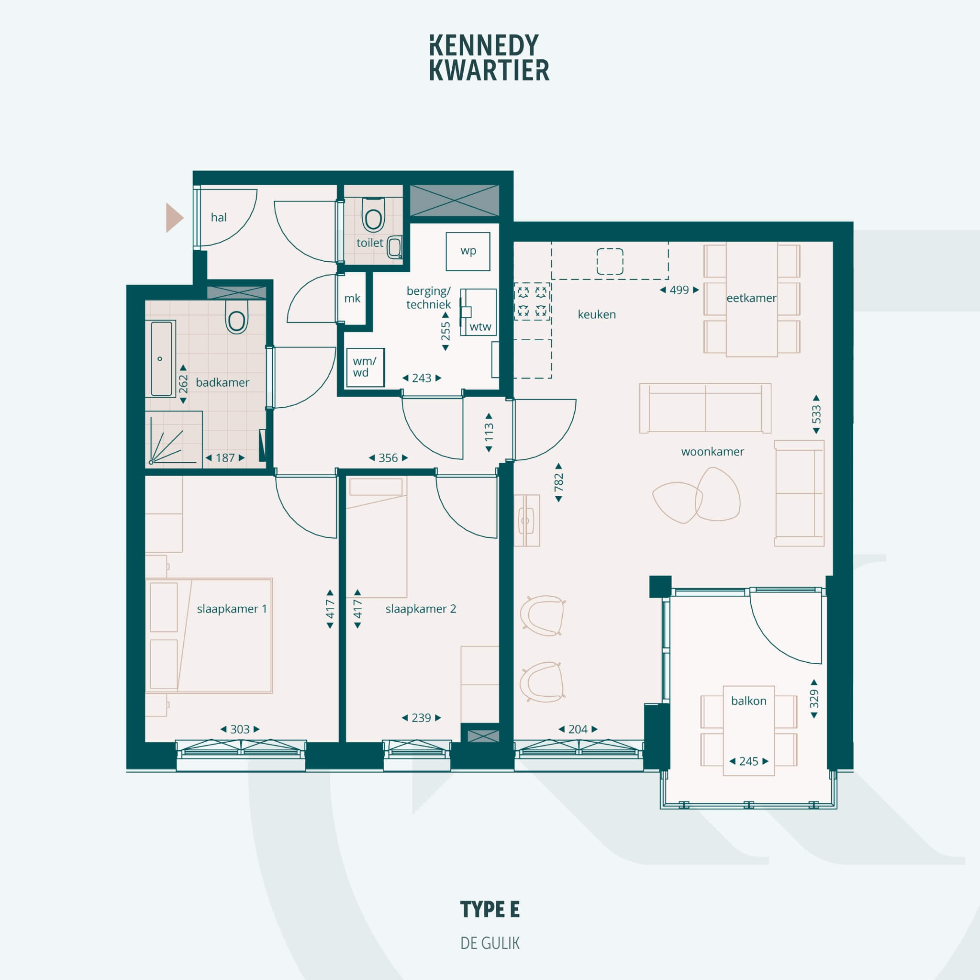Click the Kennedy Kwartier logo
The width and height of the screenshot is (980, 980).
(490, 58)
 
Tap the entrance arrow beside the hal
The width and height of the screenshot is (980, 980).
(175, 218)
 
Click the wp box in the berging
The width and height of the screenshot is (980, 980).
(468, 251)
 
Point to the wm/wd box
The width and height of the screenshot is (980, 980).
(365, 367)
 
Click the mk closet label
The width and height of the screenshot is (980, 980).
(352, 298)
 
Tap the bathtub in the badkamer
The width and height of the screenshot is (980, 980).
(161, 358)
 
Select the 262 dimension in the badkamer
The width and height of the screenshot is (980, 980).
(183, 384)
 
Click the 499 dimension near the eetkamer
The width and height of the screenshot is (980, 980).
(679, 290)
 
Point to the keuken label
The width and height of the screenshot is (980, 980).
(597, 314)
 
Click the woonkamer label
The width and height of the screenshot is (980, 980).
(712, 451)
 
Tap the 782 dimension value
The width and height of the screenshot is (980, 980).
(558, 482)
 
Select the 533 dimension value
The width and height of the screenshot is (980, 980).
(816, 414)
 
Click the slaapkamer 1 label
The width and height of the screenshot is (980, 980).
(232, 609)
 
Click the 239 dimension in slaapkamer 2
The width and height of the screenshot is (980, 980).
(421, 718)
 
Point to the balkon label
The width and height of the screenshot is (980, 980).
(749, 701)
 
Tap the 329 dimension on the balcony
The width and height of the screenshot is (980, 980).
(814, 699)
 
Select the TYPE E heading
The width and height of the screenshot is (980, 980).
(490, 910)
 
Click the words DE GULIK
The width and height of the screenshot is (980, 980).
(490, 944)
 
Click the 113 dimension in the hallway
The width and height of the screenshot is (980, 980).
(489, 433)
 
